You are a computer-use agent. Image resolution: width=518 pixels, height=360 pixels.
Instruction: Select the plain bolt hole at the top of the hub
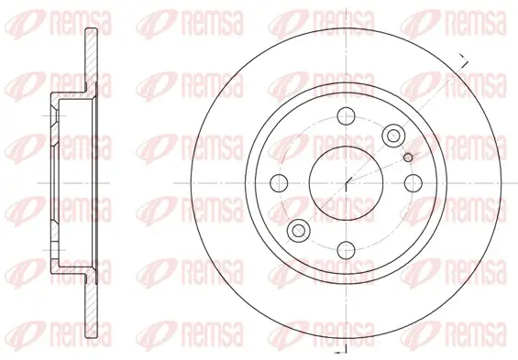(x=346, y=115)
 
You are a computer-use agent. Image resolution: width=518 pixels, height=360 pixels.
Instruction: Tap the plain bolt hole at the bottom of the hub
(x=346, y=250)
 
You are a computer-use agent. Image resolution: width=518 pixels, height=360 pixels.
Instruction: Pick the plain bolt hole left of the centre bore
(x=279, y=183)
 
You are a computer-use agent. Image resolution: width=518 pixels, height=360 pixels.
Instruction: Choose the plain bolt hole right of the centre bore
(x=413, y=183)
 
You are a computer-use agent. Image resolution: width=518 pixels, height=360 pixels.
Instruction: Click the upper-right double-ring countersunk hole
(x=393, y=136)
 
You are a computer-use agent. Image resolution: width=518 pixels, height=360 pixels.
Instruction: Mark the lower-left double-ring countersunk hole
(x=299, y=230)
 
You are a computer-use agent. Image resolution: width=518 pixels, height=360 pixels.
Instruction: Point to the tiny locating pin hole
(x=408, y=158)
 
